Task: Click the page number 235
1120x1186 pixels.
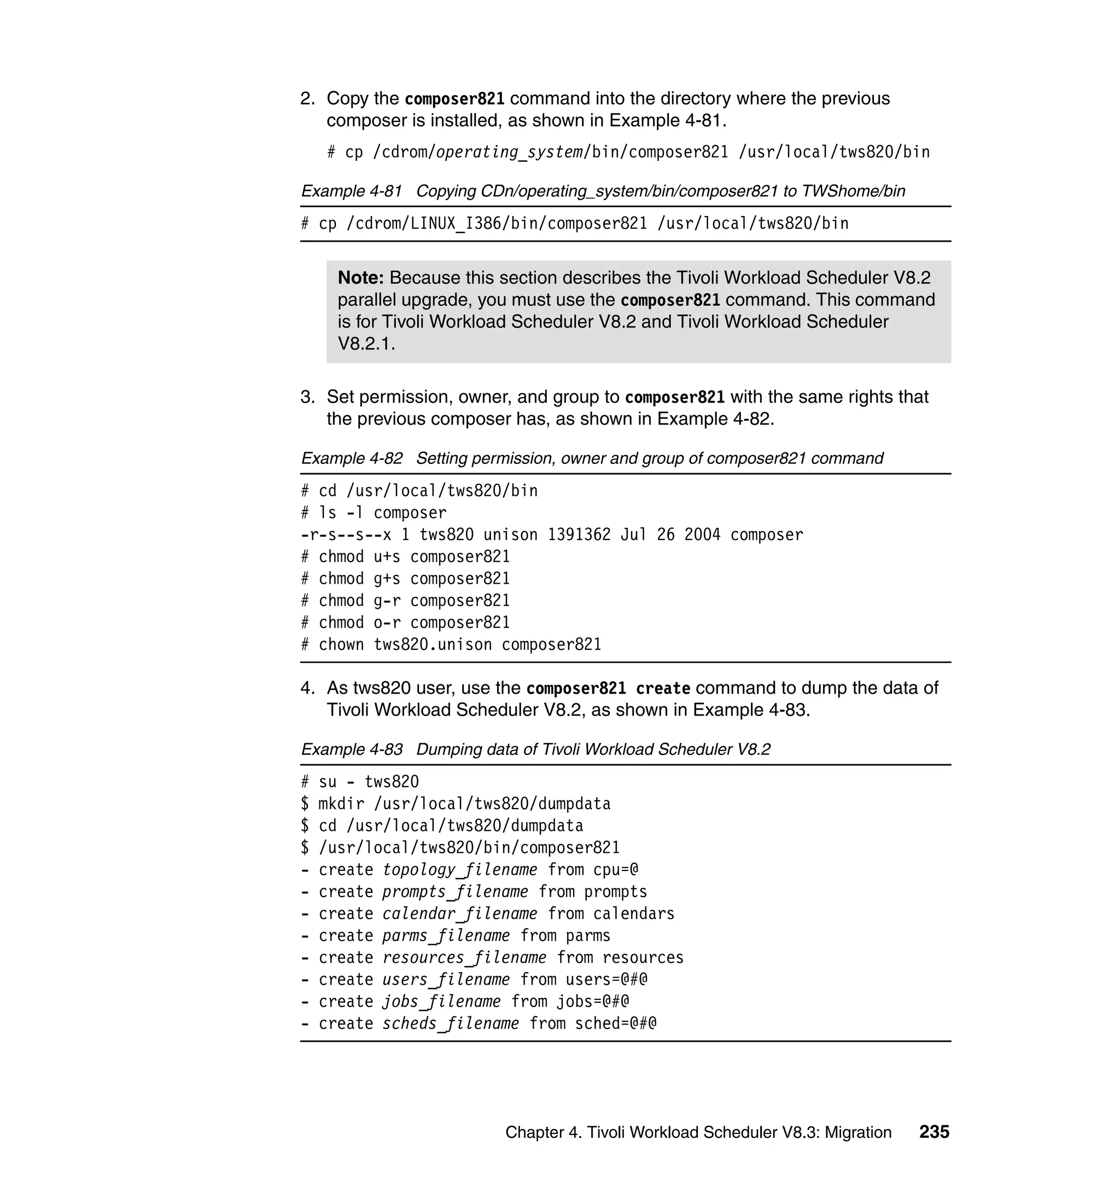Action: (934, 1132)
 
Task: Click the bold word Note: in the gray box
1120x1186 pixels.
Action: (360, 278)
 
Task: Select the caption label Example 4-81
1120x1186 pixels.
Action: (351, 191)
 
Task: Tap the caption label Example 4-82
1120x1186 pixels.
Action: (352, 458)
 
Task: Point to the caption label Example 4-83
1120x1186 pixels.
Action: (352, 749)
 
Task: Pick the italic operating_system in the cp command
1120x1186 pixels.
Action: (509, 152)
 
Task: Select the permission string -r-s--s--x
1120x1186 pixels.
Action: (346, 534)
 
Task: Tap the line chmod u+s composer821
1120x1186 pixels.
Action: (406, 556)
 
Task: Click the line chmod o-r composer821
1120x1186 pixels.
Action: (406, 622)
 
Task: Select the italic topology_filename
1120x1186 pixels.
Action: (460, 869)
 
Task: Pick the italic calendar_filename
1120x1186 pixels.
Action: (460, 914)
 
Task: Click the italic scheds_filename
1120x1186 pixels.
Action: (450, 1024)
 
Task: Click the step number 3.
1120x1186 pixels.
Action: (307, 397)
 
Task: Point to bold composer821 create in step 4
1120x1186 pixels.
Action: (608, 689)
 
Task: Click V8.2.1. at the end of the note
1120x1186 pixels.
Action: (366, 344)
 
